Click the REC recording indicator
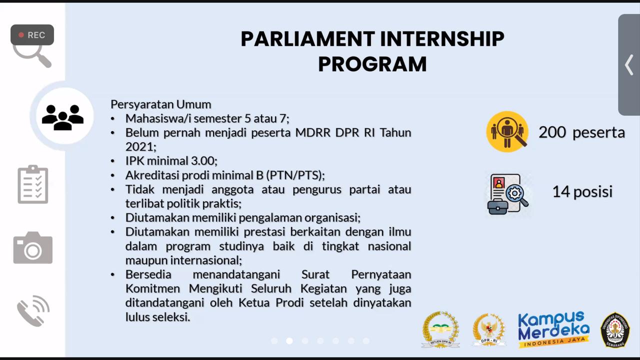point(32,35)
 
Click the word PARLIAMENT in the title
point(307,39)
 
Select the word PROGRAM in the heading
point(372,64)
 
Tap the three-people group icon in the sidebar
point(62,116)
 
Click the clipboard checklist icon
point(33,184)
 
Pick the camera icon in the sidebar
point(33,247)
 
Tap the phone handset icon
point(33,310)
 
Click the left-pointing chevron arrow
point(629,65)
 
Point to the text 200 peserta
point(581,132)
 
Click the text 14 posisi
point(582,191)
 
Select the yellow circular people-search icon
point(507,131)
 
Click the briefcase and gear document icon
point(507,194)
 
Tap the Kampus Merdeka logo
point(553,329)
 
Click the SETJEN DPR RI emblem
point(440,329)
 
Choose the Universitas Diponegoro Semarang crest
point(614,329)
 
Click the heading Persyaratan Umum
point(160,104)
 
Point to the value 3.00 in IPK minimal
point(204,161)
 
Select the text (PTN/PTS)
point(295,175)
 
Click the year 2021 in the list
point(140,147)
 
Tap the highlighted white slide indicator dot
point(289,341)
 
